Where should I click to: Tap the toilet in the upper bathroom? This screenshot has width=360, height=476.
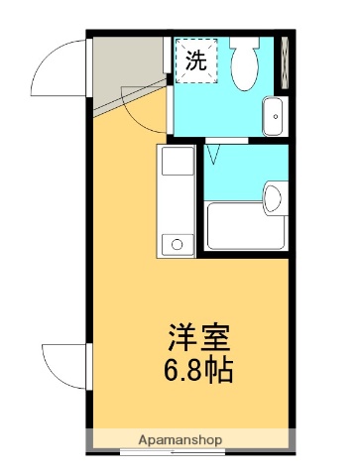pyautogui.click(x=244, y=65)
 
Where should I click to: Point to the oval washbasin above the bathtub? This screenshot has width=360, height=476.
pyautogui.click(x=273, y=196)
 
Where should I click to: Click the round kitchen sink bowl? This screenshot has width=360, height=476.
pyautogui.click(x=177, y=243)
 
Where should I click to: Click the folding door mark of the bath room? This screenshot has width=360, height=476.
pyautogui.click(x=215, y=155)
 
